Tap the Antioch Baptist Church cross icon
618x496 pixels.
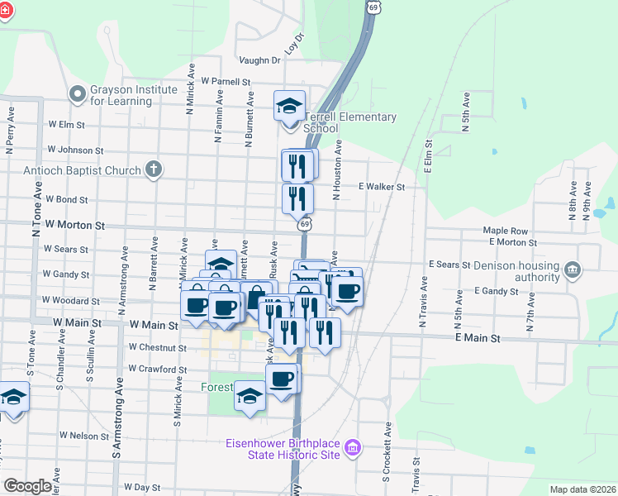152,170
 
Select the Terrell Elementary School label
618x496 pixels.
350,122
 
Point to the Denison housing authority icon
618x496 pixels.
572,269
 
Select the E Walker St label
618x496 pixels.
382,188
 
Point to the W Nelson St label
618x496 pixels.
84,435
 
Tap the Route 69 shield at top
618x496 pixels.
374,7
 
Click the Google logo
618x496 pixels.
28,486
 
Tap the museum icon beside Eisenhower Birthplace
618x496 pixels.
353,449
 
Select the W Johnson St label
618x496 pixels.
75,150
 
